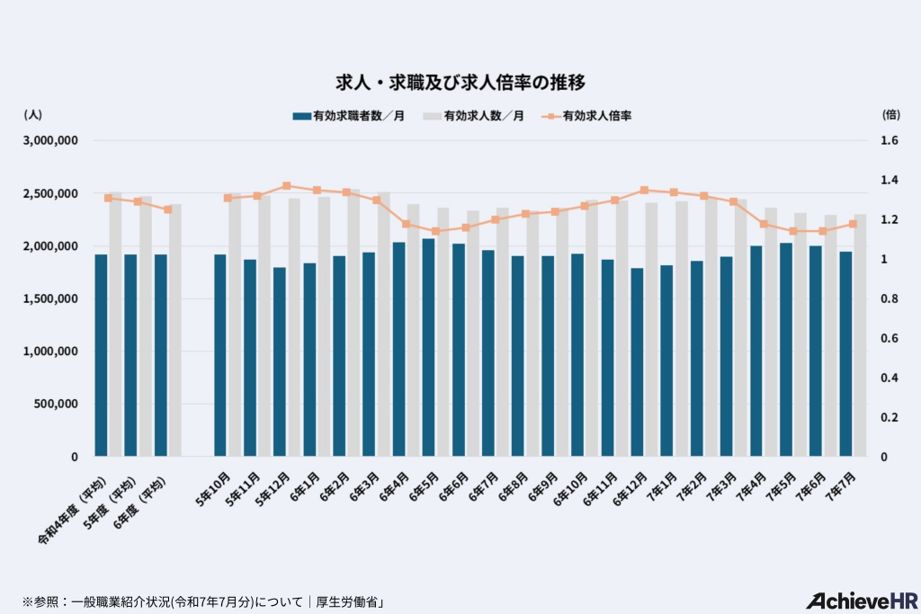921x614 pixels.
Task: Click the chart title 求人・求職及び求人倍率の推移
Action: pos(460,83)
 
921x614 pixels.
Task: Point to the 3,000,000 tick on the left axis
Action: pos(52,141)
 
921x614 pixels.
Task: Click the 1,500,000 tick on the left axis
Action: pos(52,298)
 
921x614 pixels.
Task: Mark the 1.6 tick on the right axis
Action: pos(890,141)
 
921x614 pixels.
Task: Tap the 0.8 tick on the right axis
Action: pos(890,298)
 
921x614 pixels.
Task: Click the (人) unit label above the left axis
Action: pos(32,114)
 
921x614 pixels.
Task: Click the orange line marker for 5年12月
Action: pos(287,186)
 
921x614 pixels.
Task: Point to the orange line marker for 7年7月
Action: pos(853,224)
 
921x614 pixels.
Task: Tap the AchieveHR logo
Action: pos(859,601)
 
